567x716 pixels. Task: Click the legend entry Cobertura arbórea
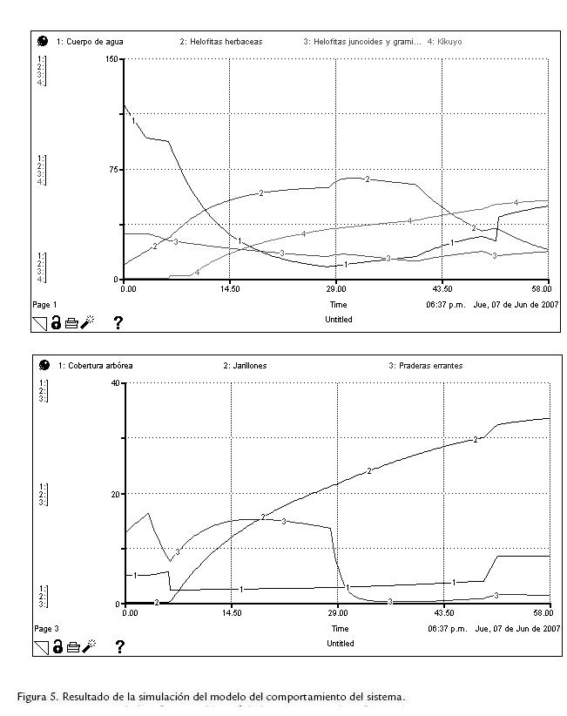coord(95,366)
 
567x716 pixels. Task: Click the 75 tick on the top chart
coord(112,169)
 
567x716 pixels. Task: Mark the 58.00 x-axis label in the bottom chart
coord(542,613)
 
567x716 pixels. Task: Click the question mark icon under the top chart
coord(118,323)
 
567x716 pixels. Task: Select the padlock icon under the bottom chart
coord(56,646)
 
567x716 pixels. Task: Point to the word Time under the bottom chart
coord(340,628)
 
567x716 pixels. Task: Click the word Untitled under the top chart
coord(340,320)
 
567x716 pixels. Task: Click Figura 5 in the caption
coord(40,697)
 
